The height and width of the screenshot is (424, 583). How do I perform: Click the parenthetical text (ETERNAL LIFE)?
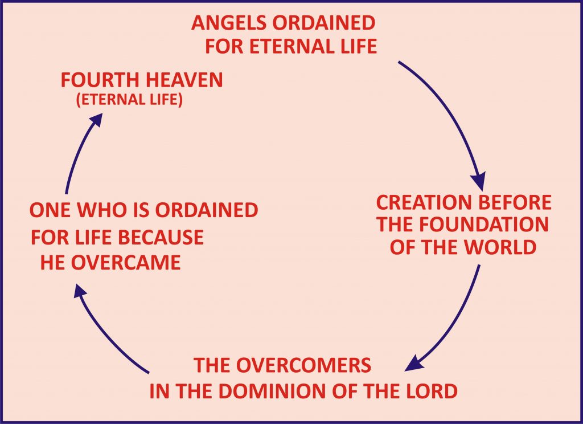[x=129, y=101]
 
